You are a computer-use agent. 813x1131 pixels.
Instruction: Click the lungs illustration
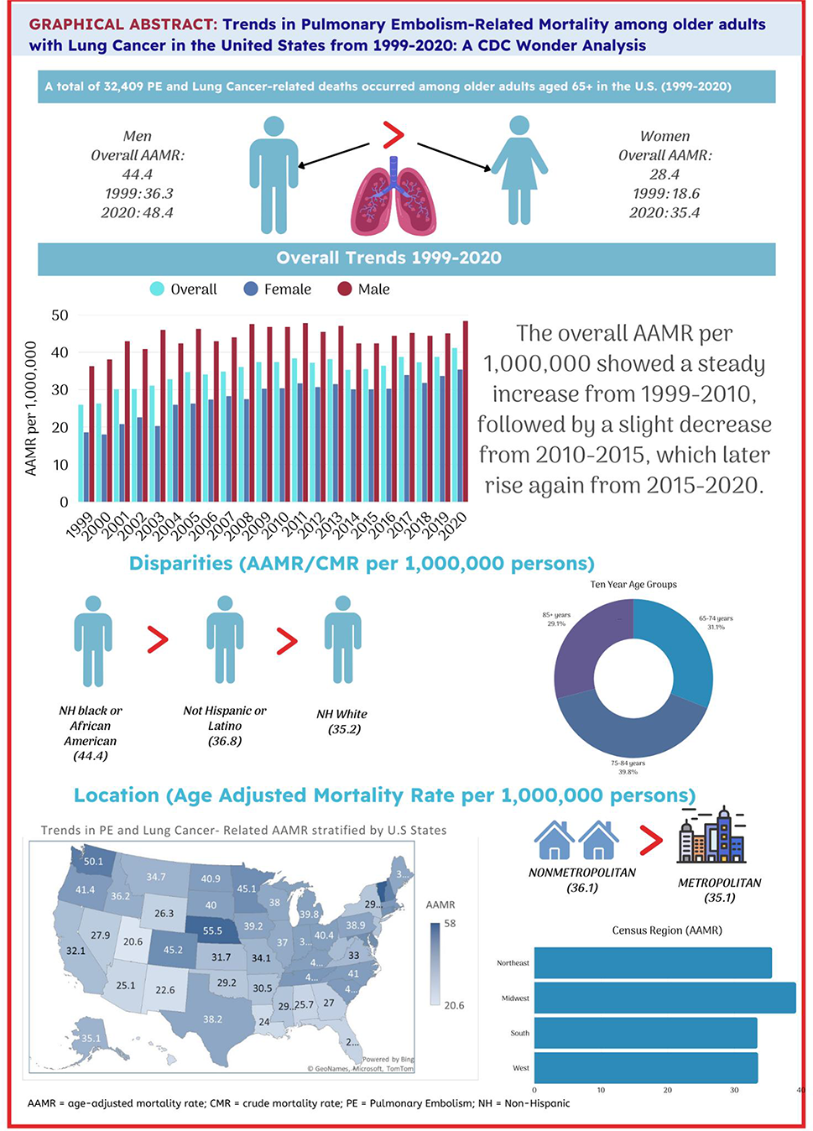(x=393, y=196)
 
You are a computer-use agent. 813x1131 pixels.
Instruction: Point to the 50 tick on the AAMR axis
(x=60, y=315)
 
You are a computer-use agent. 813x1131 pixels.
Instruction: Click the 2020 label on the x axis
(x=452, y=527)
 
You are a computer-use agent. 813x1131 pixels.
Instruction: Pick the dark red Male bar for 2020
(x=466, y=411)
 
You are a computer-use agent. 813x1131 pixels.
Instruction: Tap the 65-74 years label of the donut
(x=716, y=623)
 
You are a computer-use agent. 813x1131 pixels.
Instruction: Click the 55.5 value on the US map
(x=212, y=930)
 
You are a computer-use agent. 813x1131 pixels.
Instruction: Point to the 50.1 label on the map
(x=93, y=862)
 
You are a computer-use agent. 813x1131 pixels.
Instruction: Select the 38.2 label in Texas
(x=212, y=1019)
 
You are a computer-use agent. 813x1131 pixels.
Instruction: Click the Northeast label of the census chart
(x=513, y=963)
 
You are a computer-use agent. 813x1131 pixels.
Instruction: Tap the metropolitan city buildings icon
(x=711, y=837)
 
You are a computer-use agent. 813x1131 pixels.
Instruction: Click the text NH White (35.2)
(x=342, y=722)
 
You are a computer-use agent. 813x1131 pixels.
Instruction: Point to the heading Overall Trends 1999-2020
(x=389, y=258)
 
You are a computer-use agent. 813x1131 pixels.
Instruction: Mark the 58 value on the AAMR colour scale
(x=451, y=924)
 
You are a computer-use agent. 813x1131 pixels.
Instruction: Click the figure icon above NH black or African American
(x=93, y=640)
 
